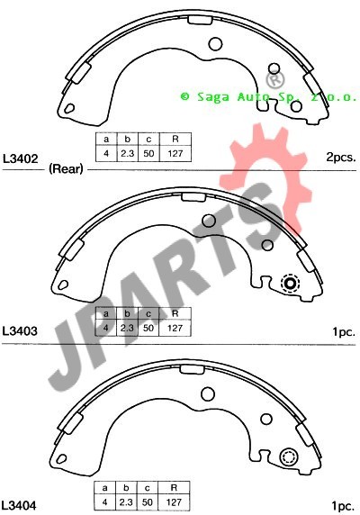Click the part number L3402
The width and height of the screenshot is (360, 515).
(x=21, y=159)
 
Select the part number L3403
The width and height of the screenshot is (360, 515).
(x=20, y=330)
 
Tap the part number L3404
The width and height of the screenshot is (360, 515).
(x=19, y=505)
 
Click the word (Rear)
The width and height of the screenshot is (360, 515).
(x=66, y=169)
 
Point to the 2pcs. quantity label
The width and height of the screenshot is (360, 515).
(x=340, y=157)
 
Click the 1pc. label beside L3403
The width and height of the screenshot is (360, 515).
(x=344, y=332)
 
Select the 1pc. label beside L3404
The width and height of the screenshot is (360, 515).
(x=343, y=506)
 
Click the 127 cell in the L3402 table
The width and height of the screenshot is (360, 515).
(x=175, y=153)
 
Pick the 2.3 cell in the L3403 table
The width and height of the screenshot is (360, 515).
(x=127, y=328)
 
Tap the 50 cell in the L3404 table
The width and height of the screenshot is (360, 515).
(x=148, y=502)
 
